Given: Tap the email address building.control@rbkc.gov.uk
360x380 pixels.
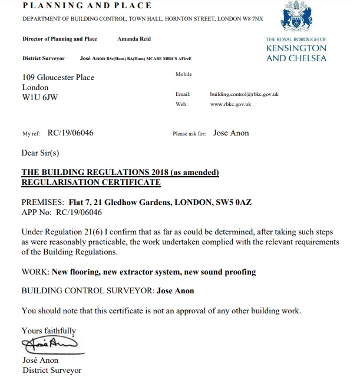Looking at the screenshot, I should point(244,94).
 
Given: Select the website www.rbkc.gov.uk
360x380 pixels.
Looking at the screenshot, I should point(230,104).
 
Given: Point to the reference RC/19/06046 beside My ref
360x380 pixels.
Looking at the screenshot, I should point(70,133).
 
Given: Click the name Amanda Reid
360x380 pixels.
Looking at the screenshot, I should point(134,39).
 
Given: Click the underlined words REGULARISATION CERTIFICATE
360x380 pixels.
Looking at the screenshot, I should point(91,183).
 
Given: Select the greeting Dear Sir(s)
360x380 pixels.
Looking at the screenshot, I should point(40,153).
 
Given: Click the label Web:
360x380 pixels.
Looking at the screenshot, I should point(181,104).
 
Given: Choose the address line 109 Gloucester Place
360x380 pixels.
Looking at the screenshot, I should point(62,77).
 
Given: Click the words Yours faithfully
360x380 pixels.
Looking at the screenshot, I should point(48,331).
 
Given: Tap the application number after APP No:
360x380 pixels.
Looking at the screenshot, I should point(78,213).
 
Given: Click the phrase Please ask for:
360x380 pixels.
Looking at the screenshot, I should point(189,134).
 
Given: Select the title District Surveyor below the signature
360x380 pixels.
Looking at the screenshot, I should point(52,371).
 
